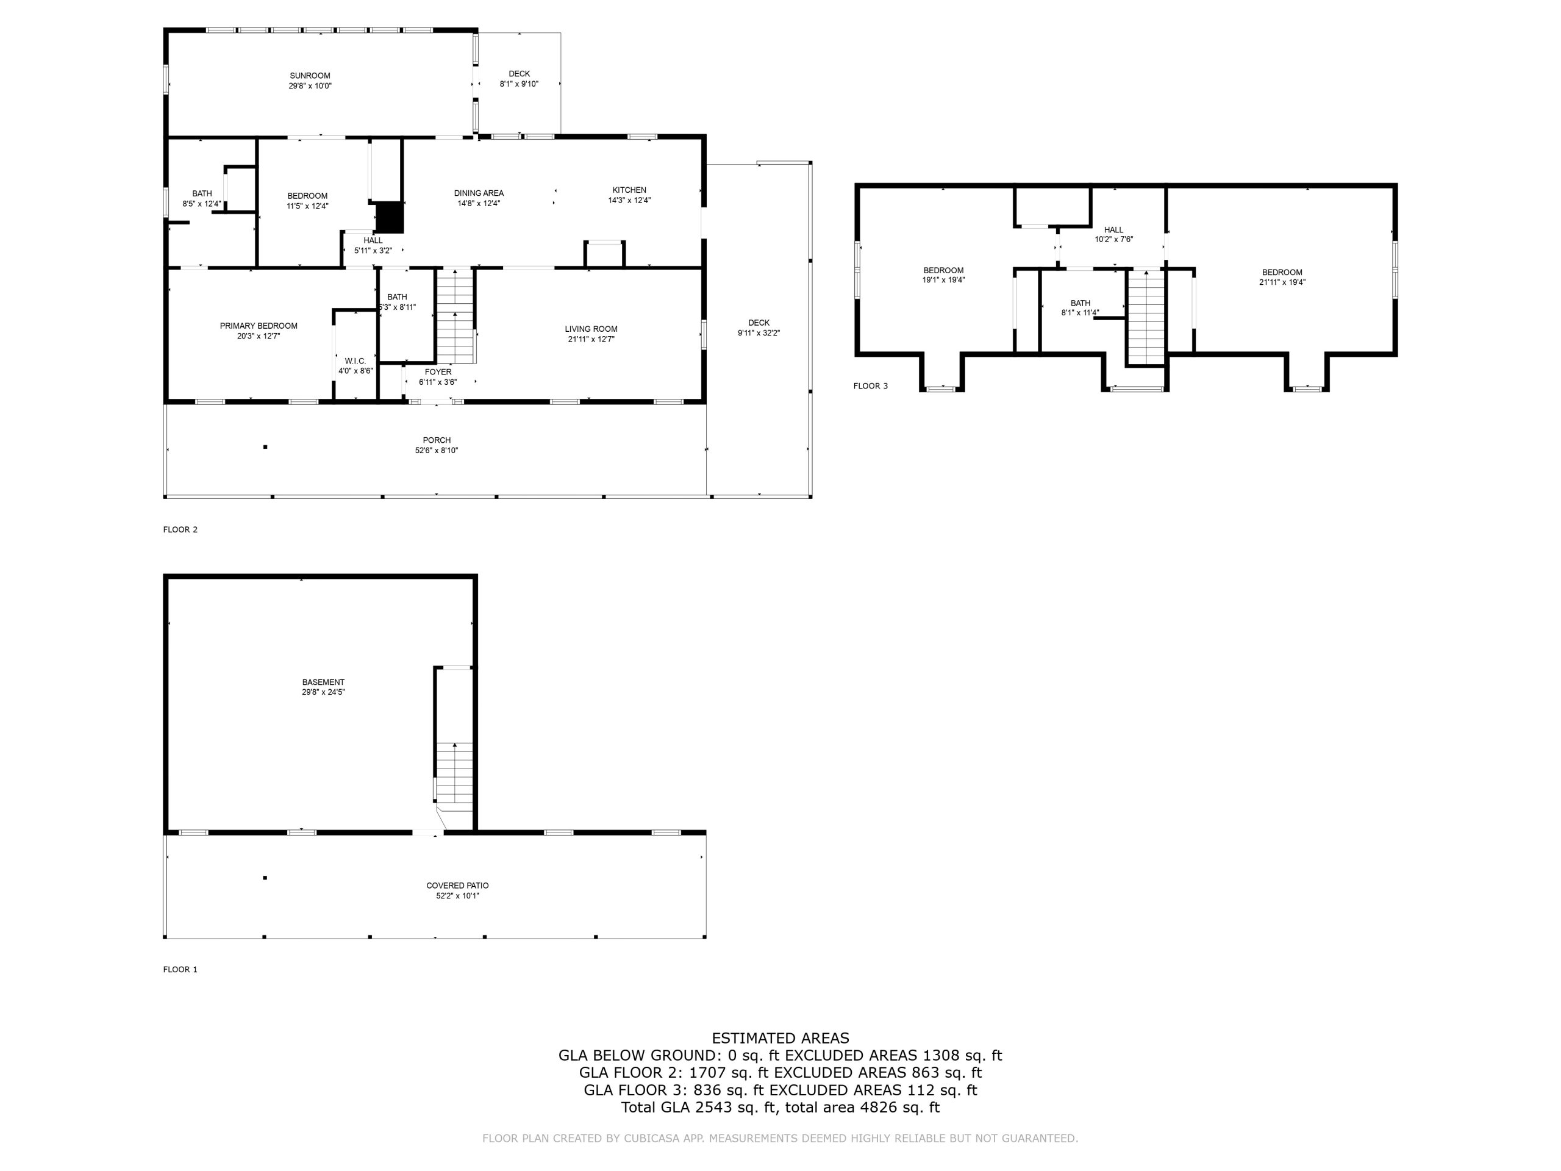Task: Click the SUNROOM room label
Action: point(310,76)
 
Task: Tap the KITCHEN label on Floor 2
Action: point(629,190)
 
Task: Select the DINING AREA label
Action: point(479,193)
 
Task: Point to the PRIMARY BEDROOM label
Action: point(259,326)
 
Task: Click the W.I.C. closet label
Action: point(355,360)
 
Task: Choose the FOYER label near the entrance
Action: point(438,372)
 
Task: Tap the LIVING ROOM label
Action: point(591,329)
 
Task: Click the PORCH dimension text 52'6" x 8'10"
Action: point(436,450)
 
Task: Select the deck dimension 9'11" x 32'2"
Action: point(759,333)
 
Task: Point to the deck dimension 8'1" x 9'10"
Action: point(519,84)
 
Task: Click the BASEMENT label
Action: point(323,682)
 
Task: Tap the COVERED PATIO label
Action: point(457,885)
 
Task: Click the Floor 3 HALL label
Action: point(1113,229)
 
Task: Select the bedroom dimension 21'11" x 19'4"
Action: point(1282,282)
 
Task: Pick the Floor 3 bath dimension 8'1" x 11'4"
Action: point(1080,313)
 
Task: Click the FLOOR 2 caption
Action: point(180,529)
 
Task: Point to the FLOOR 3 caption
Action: point(870,386)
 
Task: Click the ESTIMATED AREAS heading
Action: point(780,1037)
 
